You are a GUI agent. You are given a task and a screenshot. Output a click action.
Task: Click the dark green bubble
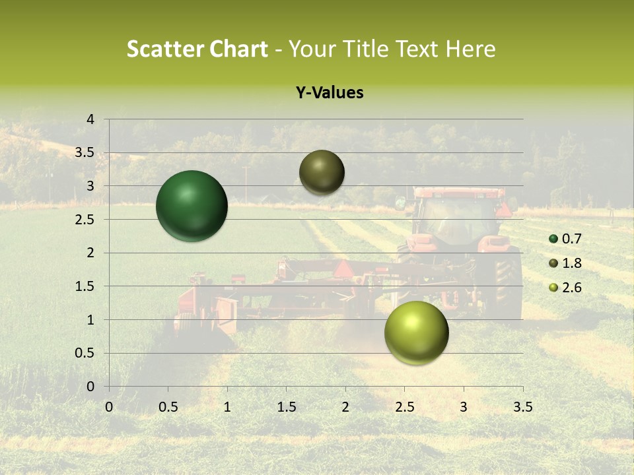coord(192,206)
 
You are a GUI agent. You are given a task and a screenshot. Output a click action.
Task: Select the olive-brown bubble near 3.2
coord(322,172)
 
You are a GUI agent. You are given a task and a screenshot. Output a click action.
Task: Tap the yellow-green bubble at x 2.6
coord(416,332)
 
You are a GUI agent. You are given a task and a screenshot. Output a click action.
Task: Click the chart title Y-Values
coord(330,93)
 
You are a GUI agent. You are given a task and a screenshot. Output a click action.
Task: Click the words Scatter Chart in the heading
coord(197,49)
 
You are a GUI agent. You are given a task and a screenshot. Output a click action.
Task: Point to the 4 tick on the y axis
coord(90,119)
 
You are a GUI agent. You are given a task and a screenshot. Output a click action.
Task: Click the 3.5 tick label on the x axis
coord(522,406)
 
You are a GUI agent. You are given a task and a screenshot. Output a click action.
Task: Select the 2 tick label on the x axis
coord(345,406)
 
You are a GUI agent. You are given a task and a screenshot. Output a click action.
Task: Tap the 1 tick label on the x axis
coord(227,406)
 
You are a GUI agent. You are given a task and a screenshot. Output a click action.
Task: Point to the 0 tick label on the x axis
coord(109,406)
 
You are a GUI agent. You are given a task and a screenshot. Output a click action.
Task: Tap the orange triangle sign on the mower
coord(343,269)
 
